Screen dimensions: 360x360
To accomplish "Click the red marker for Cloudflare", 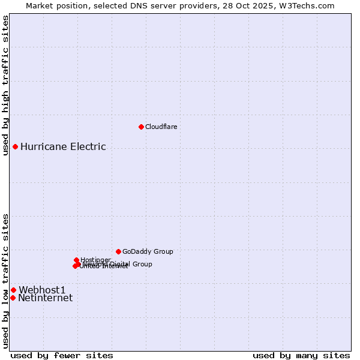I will pyautogui.click(x=141, y=127).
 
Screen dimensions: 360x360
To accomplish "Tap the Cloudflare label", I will pyautogui.click(x=161, y=127).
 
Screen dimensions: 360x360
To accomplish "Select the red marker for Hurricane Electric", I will pyautogui.click(x=15, y=146).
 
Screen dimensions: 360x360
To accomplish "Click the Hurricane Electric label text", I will pyautogui.click(x=63, y=146).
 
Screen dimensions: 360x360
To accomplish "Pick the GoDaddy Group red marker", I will pyautogui.click(x=118, y=251).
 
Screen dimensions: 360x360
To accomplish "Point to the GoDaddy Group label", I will pyautogui.click(x=148, y=251).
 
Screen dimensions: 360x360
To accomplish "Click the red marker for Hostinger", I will pyautogui.click(x=76, y=260).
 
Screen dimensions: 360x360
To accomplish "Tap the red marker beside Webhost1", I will pyautogui.click(x=13, y=290).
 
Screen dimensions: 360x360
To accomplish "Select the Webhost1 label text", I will pyautogui.click(x=42, y=290).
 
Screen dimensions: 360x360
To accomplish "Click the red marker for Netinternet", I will pyautogui.click(x=13, y=298).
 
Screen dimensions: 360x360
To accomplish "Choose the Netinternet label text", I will pyautogui.click(x=45, y=298).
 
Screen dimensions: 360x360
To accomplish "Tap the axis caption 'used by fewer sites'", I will pyautogui.click(x=62, y=355).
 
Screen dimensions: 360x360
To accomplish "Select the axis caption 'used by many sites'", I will pyautogui.click(x=301, y=355).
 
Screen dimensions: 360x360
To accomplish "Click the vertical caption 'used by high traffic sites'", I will pyautogui.click(x=5, y=85).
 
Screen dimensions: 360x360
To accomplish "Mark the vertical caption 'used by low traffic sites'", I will pyautogui.click(x=5, y=280).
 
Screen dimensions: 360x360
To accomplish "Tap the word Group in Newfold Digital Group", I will pyautogui.click(x=142, y=264).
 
